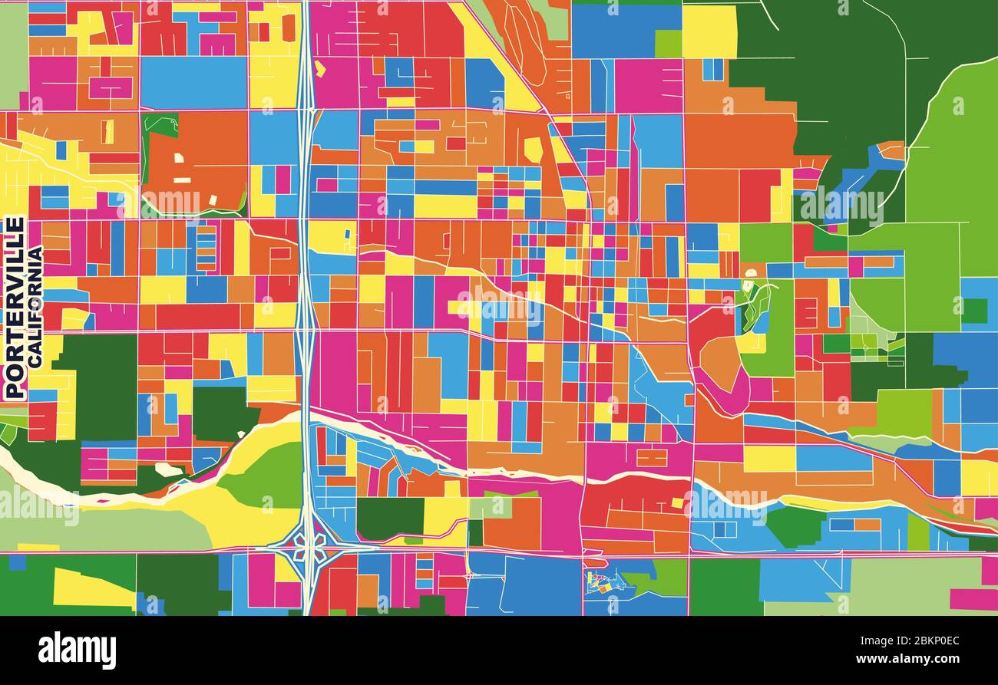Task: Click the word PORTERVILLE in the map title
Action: coord(15,307)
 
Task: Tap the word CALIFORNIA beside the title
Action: coord(35,305)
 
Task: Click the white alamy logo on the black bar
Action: coord(77,650)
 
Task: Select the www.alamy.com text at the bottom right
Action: coord(908,658)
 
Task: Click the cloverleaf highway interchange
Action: coord(309,547)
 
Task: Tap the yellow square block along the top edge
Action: coord(709,31)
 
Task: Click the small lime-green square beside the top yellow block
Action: coord(668,44)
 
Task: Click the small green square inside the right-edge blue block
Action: coord(975,310)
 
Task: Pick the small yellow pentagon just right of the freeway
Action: coord(320,69)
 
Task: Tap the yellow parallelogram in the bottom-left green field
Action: coord(92,589)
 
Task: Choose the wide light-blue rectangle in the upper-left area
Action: coord(193,82)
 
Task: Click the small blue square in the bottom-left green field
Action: coord(17,562)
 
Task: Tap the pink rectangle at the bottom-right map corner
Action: coord(973,598)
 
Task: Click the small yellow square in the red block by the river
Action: coord(678,503)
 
